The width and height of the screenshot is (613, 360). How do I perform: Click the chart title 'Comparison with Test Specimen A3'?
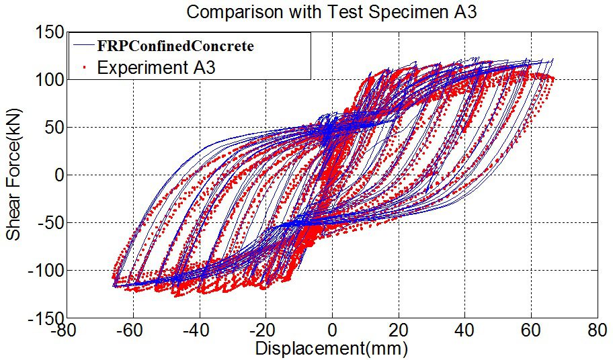(331, 11)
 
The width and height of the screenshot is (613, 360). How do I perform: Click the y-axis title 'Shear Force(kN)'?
(15, 175)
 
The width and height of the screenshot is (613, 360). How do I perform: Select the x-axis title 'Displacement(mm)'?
(331, 350)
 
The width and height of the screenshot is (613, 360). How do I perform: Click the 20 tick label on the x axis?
(399, 332)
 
